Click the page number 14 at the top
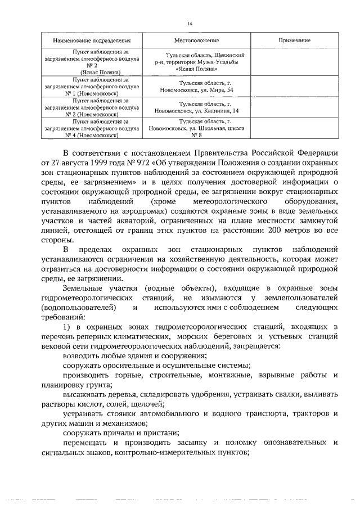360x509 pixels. tap(190, 23)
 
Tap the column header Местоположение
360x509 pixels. tap(196, 41)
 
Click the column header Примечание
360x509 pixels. tap(294, 41)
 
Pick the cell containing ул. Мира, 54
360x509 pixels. tap(196, 85)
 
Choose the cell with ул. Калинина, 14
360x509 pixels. tap(196, 107)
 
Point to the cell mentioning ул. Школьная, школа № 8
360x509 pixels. tap(196, 128)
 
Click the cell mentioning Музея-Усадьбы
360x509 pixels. tap(196, 62)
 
